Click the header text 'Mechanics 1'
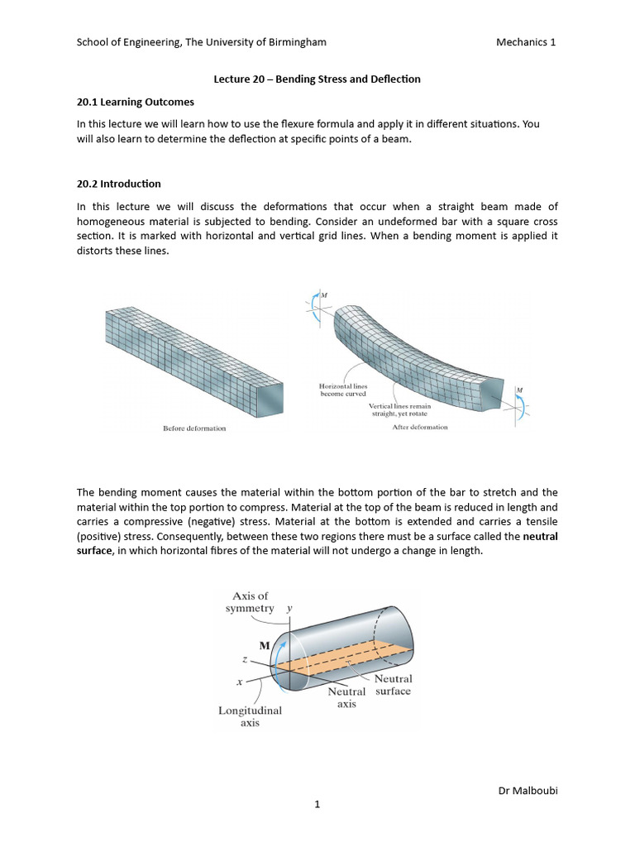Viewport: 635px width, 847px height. click(525, 42)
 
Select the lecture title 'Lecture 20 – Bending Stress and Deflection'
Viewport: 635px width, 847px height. click(317, 79)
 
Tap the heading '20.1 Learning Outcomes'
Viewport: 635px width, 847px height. click(136, 102)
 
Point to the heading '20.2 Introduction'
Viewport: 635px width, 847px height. click(119, 184)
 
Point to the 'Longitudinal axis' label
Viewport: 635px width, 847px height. click(250, 716)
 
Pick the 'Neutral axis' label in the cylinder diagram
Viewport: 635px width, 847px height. click(346, 697)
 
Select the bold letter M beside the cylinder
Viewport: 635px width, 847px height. click(265, 646)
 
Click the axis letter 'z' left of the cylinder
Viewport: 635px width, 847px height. click(245, 661)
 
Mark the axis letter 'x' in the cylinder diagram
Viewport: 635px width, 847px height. click(239, 682)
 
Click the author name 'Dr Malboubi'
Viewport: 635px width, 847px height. click(527, 792)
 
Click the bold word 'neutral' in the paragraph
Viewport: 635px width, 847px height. click(541, 536)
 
